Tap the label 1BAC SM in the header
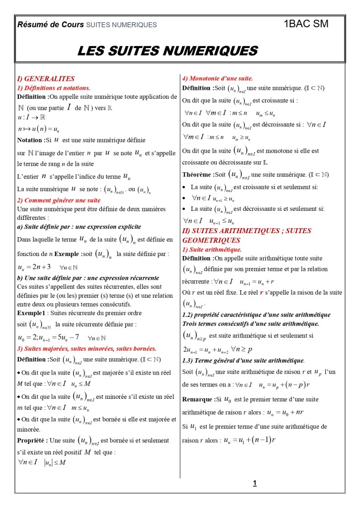point(306,24)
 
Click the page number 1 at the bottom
point(255,483)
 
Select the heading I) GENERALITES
point(46,79)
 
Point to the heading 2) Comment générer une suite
point(59,200)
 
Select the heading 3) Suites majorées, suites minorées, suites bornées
point(86,348)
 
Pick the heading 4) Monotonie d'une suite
point(217,78)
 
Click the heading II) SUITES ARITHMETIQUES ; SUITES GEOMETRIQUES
point(247,236)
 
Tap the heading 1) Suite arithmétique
point(212,249)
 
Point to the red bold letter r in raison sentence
point(262,292)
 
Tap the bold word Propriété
point(32,441)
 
